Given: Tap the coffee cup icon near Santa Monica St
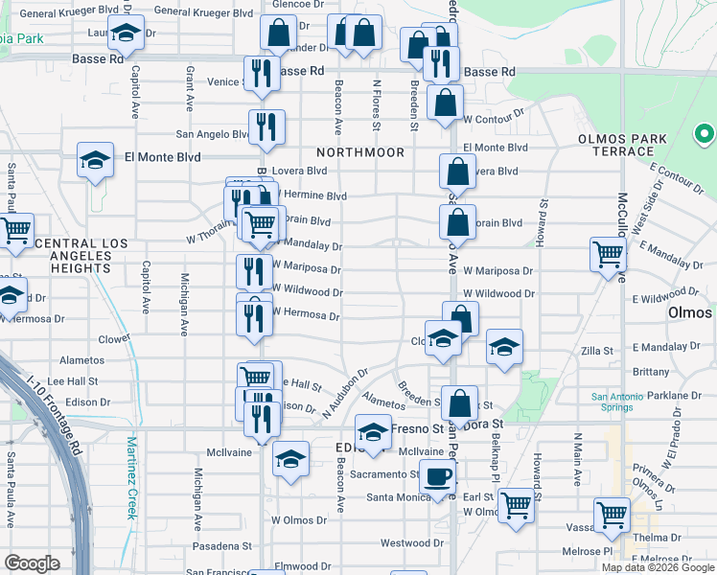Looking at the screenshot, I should coord(437,476).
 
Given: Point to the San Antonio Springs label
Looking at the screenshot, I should coord(611,402).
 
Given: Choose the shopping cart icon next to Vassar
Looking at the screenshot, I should coord(611,515).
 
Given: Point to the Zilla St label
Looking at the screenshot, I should coord(597,352).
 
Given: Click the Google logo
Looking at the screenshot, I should coord(32,563).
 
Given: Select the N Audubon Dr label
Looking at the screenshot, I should coord(345,393).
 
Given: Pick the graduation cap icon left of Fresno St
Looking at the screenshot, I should coord(373,431).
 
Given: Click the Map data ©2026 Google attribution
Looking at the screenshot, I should coord(658,566).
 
